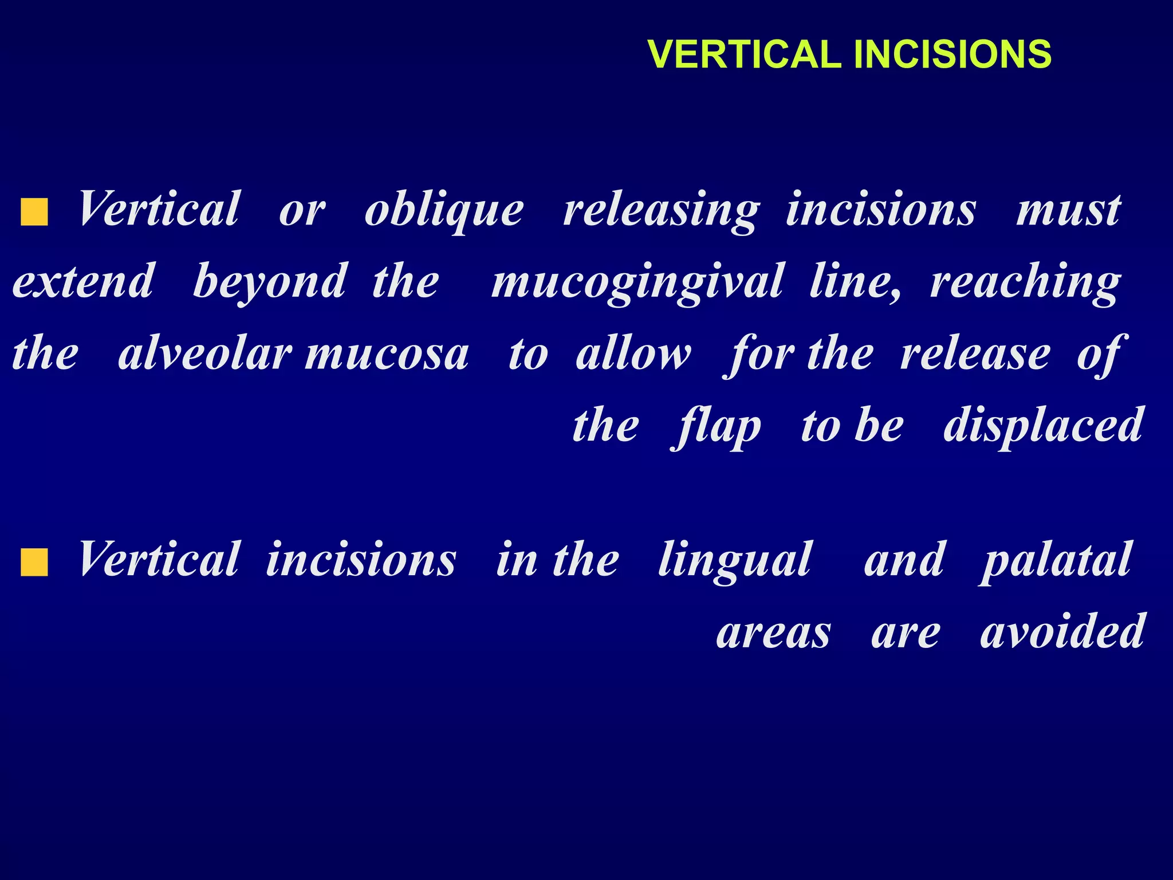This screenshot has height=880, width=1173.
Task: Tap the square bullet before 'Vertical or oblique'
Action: click(x=34, y=212)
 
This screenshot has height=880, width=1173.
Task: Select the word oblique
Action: click(x=444, y=210)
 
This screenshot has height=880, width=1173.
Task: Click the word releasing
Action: click(x=662, y=210)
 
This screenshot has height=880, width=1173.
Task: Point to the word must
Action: click(x=1068, y=210)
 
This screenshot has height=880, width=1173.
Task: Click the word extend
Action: click(x=84, y=282)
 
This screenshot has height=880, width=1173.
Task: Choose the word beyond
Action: click(x=270, y=282)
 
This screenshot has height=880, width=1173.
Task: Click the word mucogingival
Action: click(x=637, y=282)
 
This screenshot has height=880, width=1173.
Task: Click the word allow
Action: click(x=633, y=353)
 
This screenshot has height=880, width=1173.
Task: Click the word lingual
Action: click(x=735, y=560)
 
